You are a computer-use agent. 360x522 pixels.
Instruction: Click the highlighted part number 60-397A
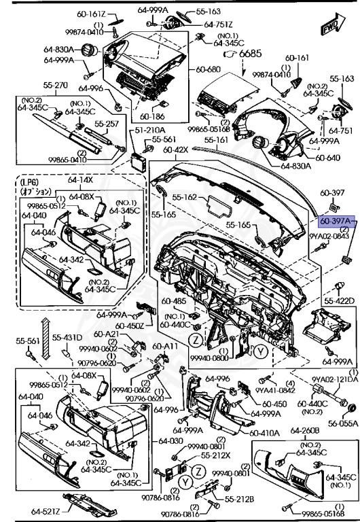pos(337,222)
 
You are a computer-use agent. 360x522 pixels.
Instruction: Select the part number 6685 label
pos(250,53)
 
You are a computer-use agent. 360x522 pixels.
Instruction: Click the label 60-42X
pos(175,149)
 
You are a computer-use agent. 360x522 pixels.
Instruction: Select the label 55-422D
pos(339,300)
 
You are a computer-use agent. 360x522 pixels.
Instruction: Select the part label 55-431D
pos(68,338)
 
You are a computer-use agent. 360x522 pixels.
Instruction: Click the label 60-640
pos(327,158)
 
